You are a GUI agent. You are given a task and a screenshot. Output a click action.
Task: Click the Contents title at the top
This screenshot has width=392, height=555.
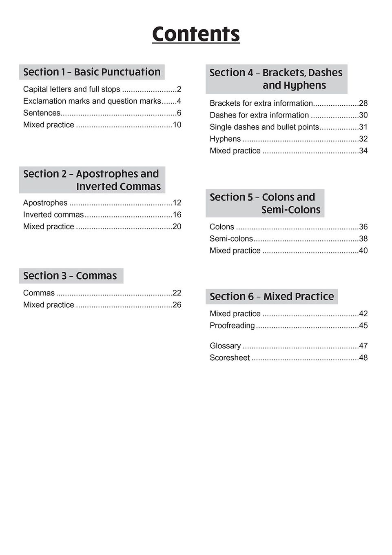click(x=196, y=34)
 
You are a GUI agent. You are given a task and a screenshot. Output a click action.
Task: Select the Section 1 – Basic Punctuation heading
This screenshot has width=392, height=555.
click(x=92, y=72)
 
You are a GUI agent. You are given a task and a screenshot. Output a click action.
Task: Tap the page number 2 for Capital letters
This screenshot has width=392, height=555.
click(x=179, y=89)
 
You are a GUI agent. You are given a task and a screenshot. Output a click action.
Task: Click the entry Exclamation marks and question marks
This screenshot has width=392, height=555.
click(x=92, y=101)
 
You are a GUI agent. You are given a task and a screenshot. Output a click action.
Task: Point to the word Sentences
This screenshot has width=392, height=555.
click(x=42, y=113)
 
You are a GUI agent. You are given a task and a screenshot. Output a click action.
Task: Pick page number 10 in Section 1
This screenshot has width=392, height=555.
click(x=177, y=125)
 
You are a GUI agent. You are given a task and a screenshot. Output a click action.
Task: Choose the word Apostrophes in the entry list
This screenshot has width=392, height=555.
click(x=45, y=203)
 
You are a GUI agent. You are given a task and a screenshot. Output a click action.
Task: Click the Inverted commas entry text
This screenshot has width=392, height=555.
click(x=53, y=215)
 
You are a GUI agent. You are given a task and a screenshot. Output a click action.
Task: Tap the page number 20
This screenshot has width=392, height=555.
click(x=177, y=226)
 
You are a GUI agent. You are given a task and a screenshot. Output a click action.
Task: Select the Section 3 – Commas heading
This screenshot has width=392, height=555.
click(x=70, y=276)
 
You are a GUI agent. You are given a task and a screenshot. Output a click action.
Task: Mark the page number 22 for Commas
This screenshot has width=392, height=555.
click(x=177, y=293)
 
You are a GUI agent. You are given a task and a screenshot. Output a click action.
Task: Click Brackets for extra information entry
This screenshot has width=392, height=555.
click(x=261, y=103)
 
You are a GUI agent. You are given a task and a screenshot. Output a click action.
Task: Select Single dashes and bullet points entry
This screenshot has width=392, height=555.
click(x=264, y=127)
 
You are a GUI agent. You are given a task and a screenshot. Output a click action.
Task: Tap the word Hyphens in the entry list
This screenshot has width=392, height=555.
click(x=225, y=139)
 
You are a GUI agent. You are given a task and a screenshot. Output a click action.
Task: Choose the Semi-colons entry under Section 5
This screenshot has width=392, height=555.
click(x=231, y=239)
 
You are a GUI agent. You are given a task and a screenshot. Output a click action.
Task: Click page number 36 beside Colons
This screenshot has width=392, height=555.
click(x=363, y=227)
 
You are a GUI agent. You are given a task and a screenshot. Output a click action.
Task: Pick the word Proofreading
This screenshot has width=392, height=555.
click(x=232, y=326)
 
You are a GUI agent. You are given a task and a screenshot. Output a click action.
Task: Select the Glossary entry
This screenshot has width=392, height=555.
click(x=225, y=346)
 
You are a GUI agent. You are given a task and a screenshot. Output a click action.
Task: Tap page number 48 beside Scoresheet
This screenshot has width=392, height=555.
click(x=363, y=358)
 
